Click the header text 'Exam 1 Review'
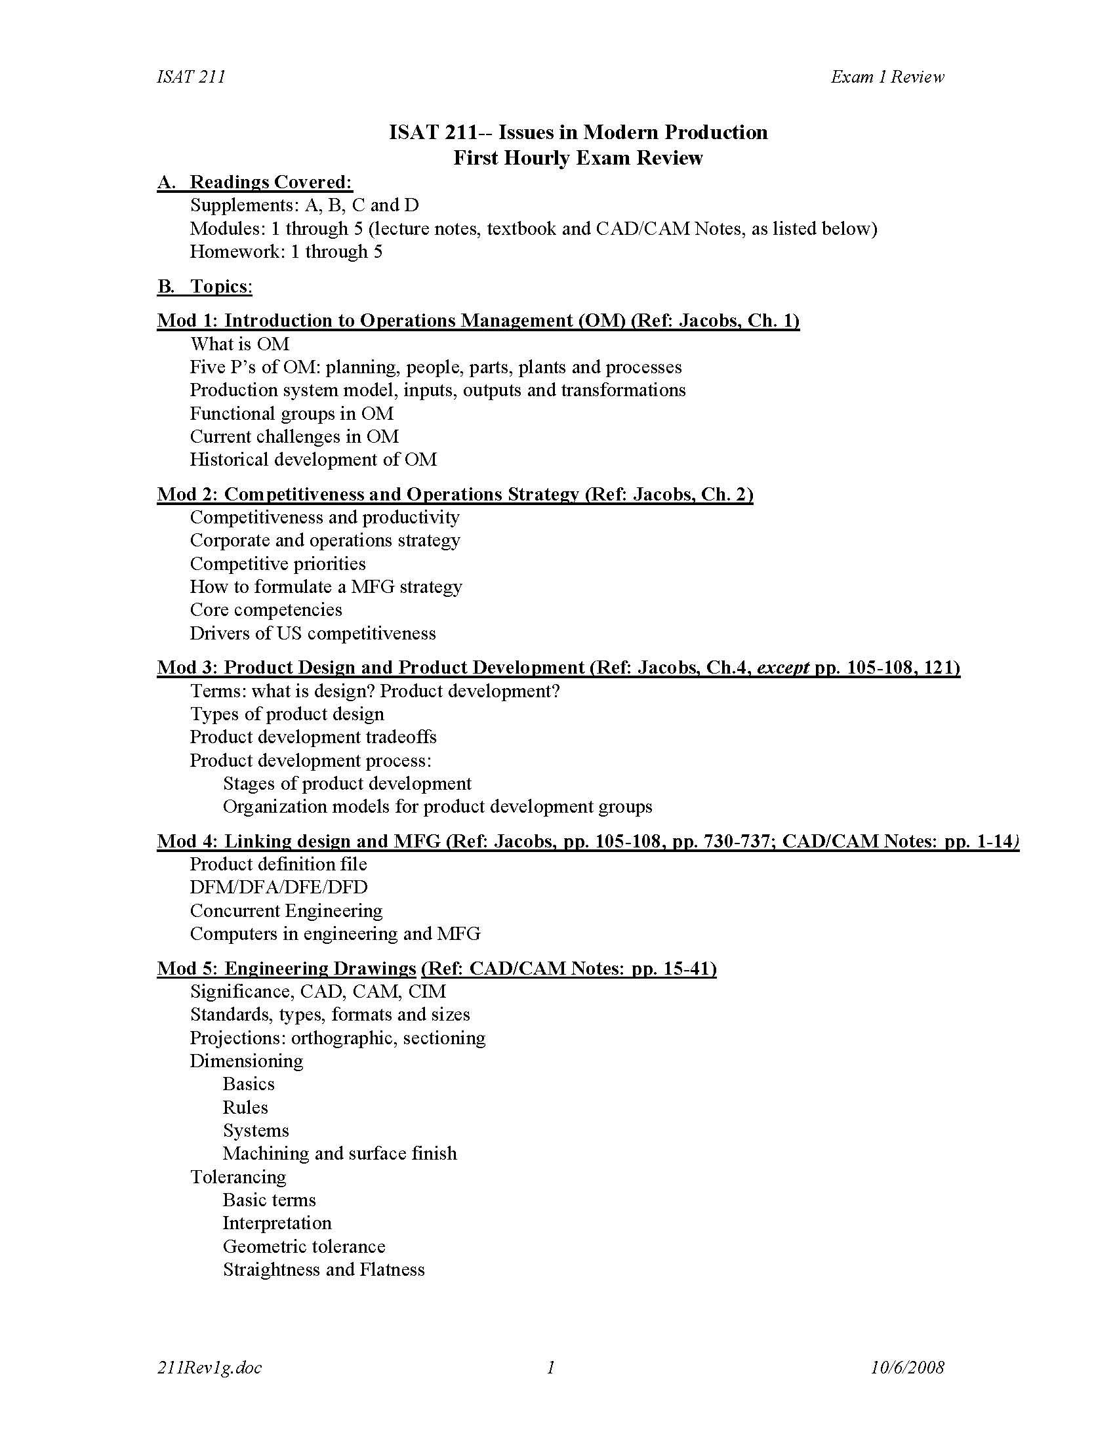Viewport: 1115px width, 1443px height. (x=887, y=77)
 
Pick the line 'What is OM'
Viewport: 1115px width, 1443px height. (x=240, y=344)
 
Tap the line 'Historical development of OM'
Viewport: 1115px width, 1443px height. (x=313, y=459)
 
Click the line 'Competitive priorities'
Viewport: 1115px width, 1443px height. (x=277, y=563)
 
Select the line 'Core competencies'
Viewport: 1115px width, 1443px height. (x=266, y=609)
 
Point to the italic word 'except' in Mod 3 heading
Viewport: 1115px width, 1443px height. (x=782, y=667)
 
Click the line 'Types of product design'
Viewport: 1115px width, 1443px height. (x=287, y=714)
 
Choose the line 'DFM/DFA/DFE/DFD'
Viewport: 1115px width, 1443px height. (x=278, y=887)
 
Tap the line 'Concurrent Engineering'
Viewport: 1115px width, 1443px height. (x=286, y=910)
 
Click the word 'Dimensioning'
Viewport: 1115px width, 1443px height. (x=247, y=1061)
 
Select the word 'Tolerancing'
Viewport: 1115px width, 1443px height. (x=238, y=1176)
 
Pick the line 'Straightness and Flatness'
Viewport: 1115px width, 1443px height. (x=323, y=1269)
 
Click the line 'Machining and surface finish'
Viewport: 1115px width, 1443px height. (x=340, y=1153)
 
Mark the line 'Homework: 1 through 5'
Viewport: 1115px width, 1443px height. (x=286, y=251)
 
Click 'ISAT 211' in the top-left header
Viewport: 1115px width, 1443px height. (x=191, y=77)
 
